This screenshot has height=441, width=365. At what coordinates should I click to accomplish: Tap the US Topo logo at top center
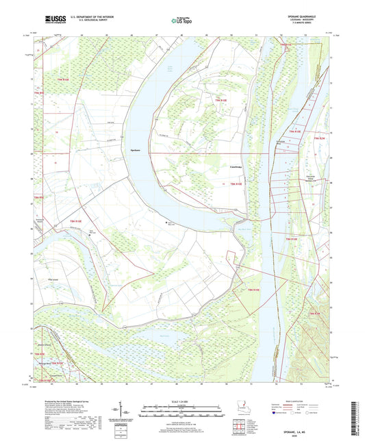click(179, 21)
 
